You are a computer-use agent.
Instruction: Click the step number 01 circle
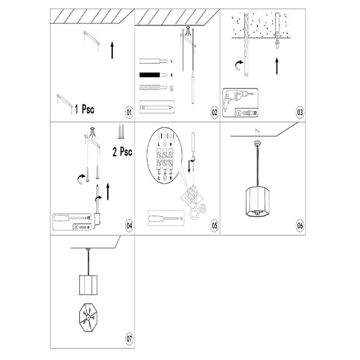(129, 112)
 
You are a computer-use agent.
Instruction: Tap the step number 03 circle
(300, 112)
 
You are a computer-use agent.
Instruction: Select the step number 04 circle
(129, 225)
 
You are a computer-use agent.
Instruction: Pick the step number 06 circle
(300, 225)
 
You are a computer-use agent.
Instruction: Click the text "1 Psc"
(84, 109)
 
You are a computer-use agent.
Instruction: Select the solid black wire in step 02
(153, 75)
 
